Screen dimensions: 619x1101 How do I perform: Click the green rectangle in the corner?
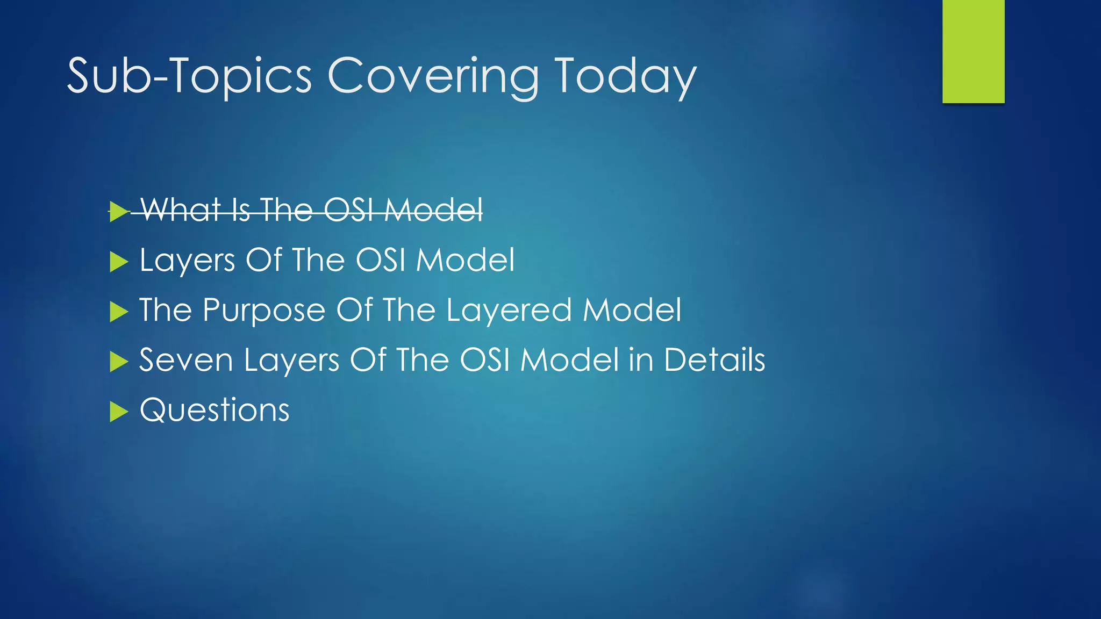click(973, 52)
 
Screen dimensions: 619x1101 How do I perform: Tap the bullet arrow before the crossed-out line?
click(118, 211)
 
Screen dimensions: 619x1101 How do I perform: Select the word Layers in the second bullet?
click(187, 261)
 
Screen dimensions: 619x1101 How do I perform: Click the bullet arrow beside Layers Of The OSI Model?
click(118, 262)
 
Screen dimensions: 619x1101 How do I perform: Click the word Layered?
click(509, 311)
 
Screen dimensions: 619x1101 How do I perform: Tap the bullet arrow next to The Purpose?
click(118, 312)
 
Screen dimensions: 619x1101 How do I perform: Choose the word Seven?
click(186, 360)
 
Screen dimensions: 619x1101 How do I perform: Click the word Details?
click(714, 360)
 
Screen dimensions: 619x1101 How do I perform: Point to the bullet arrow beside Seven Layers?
click(118, 362)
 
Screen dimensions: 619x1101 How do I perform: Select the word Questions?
click(215, 411)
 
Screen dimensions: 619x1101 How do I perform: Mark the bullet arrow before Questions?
click(118, 412)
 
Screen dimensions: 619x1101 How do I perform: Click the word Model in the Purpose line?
click(632, 311)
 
